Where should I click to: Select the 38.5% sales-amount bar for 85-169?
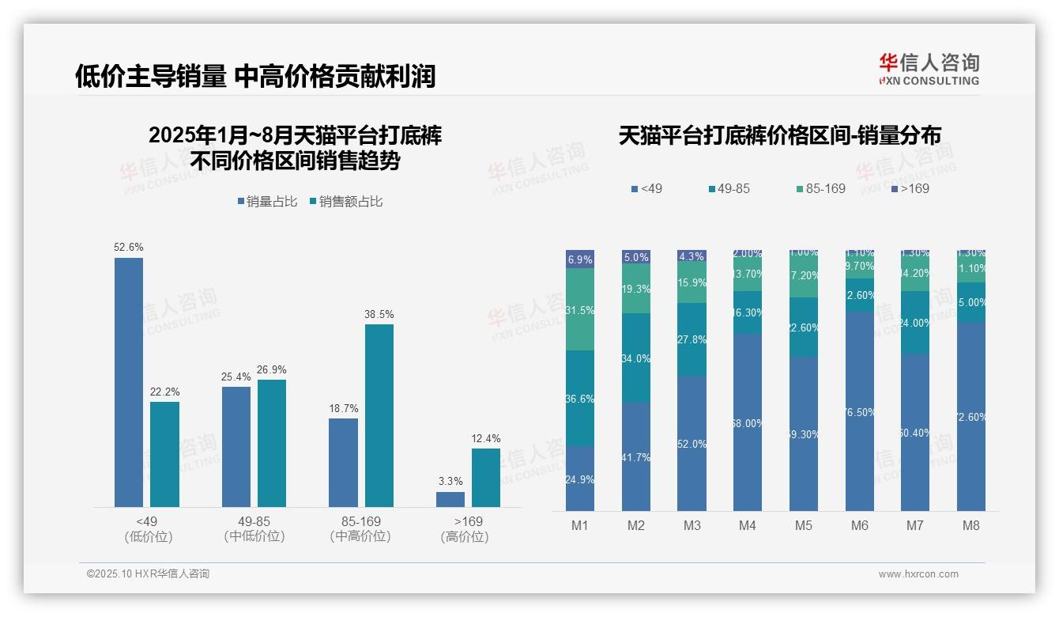click(x=379, y=415)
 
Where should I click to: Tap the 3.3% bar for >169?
click(x=450, y=499)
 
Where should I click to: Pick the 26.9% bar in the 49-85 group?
click(x=272, y=443)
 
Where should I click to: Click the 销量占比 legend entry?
click(x=267, y=202)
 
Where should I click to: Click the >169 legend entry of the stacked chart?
click(x=910, y=189)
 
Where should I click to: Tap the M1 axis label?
click(x=580, y=525)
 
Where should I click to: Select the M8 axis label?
click(x=971, y=525)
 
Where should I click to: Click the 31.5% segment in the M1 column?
click(x=580, y=309)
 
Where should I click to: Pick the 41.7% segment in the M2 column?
click(x=636, y=456)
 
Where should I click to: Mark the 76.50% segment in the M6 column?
click(x=860, y=411)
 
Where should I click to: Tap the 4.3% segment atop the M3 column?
click(x=692, y=256)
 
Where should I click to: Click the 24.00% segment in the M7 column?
click(x=915, y=322)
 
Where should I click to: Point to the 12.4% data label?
click(x=486, y=439)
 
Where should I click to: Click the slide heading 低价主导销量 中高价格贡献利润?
click(x=255, y=77)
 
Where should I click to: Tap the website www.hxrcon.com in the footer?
click(x=918, y=574)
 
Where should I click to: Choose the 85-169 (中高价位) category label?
click(x=360, y=528)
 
